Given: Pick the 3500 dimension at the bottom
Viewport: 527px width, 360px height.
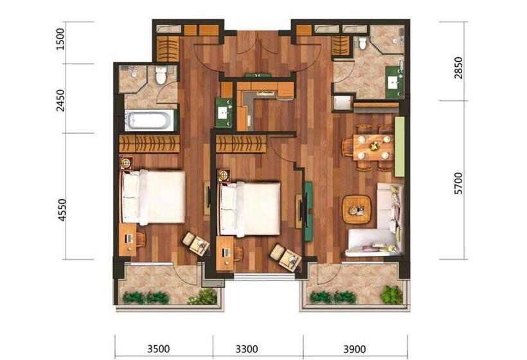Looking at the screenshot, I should tap(158, 349).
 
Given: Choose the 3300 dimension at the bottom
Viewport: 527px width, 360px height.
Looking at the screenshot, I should tap(247, 349).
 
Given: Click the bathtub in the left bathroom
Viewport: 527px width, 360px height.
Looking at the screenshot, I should tap(150, 120).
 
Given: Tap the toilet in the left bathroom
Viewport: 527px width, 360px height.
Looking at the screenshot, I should tap(161, 75).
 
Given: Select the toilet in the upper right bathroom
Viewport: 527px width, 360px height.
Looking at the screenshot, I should tap(362, 43).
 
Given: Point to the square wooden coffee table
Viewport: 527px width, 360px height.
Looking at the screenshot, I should tap(357, 208).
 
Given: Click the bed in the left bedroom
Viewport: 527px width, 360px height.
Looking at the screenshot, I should tap(154, 196).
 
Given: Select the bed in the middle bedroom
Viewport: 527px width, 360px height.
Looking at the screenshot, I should tap(251, 208).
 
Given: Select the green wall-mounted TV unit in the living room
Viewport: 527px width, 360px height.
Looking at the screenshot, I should tap(308, 210).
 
